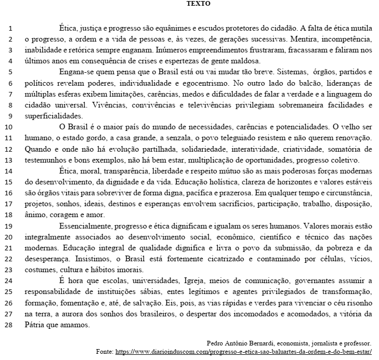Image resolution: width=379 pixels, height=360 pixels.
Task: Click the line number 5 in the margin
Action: pos(11,72)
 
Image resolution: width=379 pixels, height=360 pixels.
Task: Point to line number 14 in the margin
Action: pos(11,170)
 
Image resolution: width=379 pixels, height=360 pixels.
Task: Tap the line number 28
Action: pos(11,325)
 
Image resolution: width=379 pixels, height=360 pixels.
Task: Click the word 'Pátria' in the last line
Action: pos(35,325)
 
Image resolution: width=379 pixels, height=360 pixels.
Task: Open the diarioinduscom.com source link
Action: pos(243,352)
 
